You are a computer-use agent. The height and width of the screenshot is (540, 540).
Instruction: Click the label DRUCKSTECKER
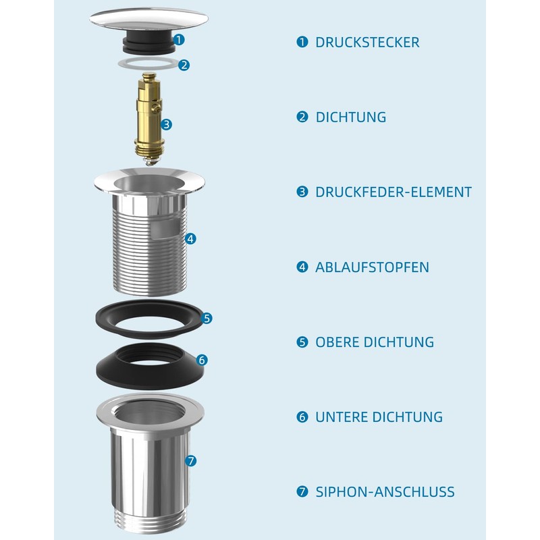[367, 42]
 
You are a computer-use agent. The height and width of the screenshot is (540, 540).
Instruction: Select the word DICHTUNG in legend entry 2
[351, 117]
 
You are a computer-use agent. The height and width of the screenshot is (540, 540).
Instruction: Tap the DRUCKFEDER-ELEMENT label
[394, 192]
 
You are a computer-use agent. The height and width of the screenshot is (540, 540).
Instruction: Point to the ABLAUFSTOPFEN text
[372, 267]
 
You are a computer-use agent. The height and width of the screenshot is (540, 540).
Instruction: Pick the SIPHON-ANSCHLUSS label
[385, 492]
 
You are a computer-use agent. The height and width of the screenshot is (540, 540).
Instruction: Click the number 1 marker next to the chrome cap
[179, 40]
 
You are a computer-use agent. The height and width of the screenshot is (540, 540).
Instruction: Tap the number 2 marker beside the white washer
[184, 65]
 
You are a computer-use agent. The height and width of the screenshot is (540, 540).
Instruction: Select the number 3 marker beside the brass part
[167, 124]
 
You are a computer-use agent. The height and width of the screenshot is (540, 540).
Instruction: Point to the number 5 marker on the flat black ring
[207, 317]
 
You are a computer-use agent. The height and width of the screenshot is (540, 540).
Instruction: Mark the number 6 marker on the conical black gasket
[202, 360]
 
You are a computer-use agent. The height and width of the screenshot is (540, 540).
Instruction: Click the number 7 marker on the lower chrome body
[190, 461]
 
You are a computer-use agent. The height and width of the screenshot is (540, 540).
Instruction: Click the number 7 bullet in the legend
[302, 492]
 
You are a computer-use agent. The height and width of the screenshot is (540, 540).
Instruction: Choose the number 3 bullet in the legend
[302, 192]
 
